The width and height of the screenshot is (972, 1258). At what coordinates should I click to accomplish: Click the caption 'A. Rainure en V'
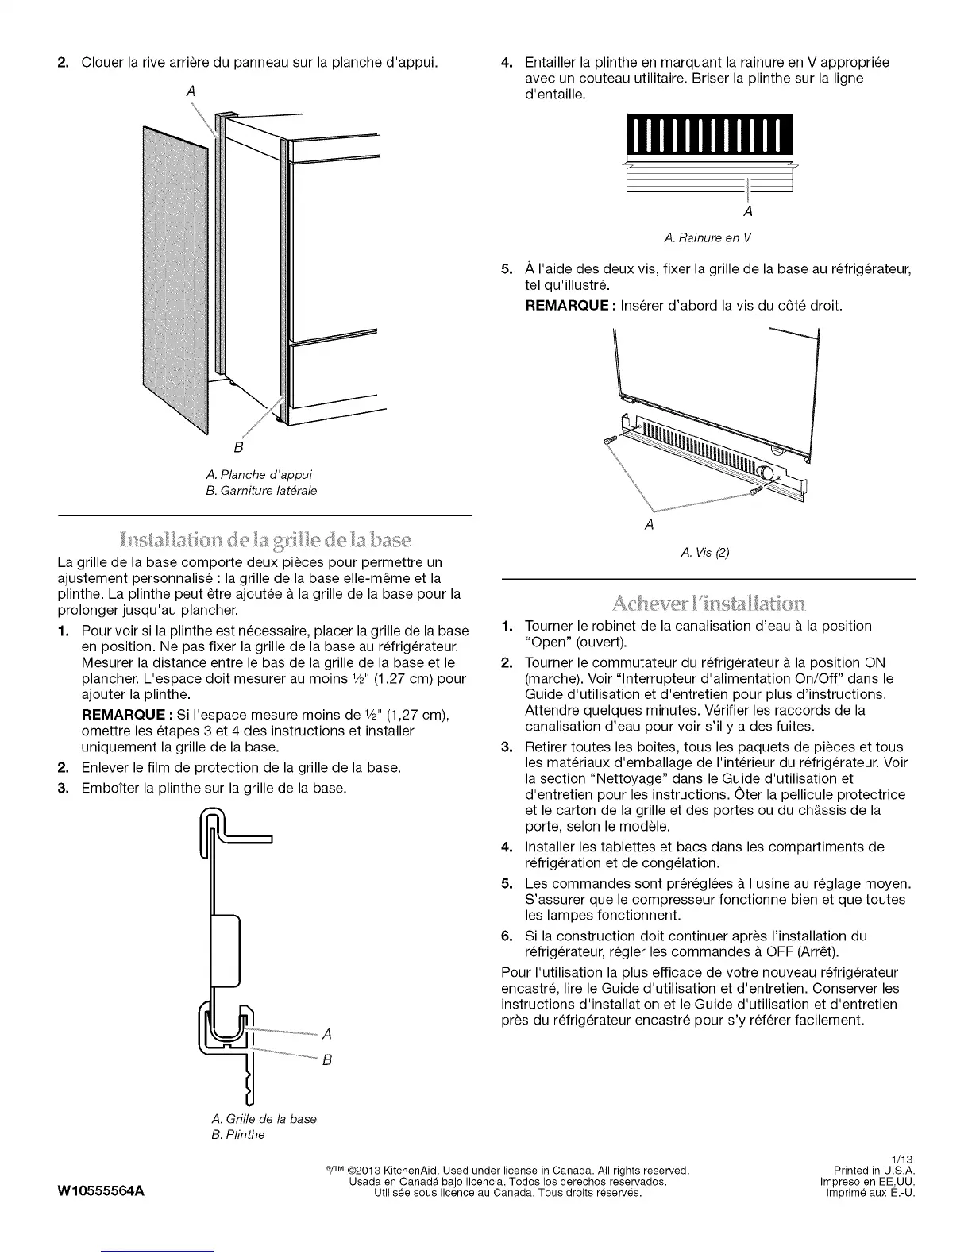coord(708,238)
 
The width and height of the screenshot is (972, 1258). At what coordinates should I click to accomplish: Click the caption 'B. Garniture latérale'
coord(260,491)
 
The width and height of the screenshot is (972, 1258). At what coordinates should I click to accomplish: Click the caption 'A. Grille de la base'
coord(264,1118)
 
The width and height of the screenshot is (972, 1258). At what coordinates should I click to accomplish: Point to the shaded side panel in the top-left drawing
coord(175,278)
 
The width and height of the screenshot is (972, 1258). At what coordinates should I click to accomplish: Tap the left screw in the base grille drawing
coord(610,440)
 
